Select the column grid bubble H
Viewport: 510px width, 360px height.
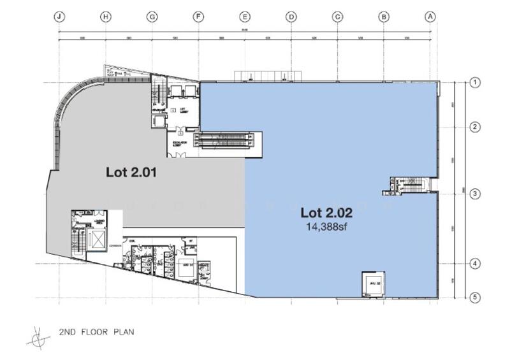click(x=106, y=17)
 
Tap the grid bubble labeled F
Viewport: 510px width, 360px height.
click(x=199, y=17)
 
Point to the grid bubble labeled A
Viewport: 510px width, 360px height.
click(x=431, y=17)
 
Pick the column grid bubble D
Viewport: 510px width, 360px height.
click(x=291, y=17)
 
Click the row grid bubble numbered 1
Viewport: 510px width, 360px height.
click(x=474, y=82)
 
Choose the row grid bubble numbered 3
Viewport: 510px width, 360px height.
click(x=474, y=194)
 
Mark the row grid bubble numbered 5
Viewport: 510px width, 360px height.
click(x=474, y=296)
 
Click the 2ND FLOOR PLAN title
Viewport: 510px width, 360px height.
click(x=96, y=332)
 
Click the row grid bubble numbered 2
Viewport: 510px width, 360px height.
click(x=474, y=127)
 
